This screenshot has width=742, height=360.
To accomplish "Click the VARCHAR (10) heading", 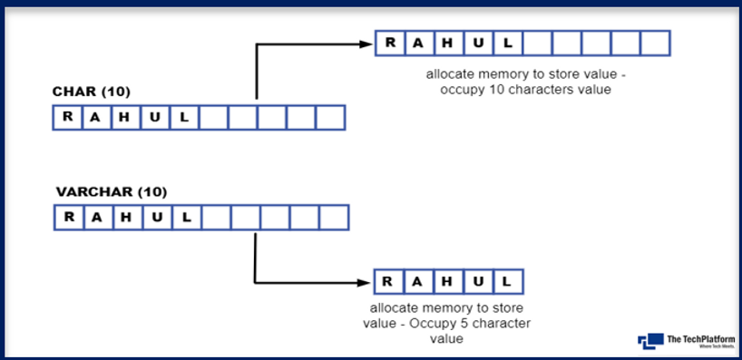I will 112,192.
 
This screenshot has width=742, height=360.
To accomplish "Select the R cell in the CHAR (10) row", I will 66,117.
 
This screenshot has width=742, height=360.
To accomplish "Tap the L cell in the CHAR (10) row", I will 183,117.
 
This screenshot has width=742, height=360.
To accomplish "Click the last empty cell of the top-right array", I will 654,43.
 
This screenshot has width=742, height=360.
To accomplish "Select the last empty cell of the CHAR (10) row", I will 331,117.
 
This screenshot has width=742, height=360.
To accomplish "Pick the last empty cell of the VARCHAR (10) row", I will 333,218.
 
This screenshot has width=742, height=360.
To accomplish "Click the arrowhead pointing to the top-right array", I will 369,43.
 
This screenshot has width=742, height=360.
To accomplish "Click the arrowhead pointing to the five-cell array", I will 366,280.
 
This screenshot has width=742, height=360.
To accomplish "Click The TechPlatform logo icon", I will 650,341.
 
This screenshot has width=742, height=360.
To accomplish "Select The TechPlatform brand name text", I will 700,338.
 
